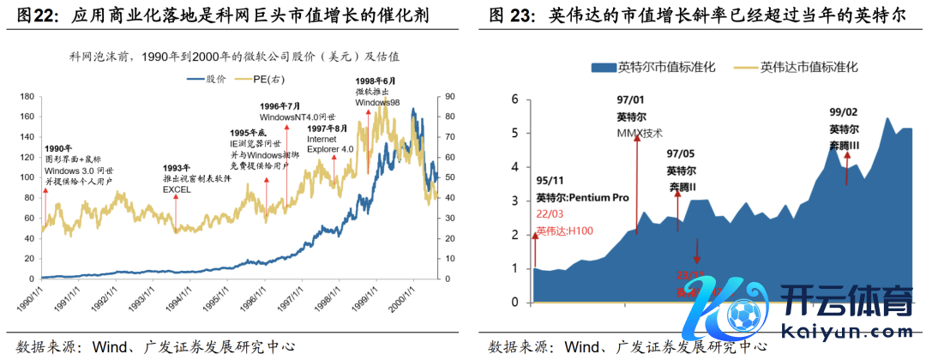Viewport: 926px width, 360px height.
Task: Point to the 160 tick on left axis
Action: point(27,116)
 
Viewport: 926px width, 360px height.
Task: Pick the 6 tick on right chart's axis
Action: point(515,99)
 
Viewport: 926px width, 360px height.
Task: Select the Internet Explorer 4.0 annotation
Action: point(330,143)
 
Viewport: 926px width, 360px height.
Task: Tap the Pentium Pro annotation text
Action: point(582,197)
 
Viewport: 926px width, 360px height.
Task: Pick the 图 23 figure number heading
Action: point(512,16)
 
